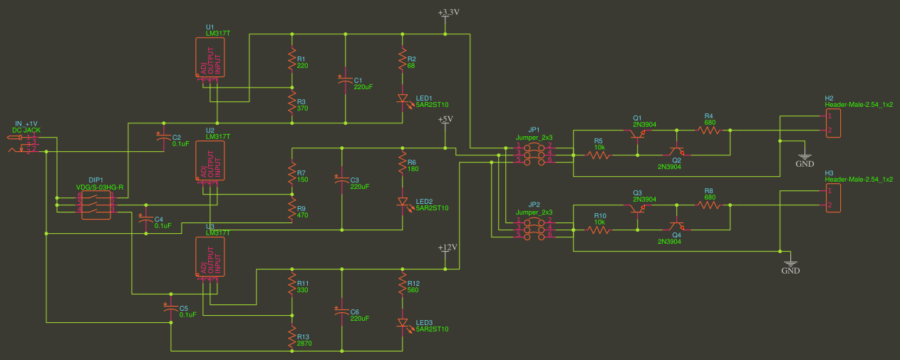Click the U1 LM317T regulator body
[210, 58]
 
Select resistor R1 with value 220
[291, 61]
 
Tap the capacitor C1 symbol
[346, 82]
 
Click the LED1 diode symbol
[403, 99]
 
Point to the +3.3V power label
[448, 13]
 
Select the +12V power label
[446, 247]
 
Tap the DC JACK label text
[26, 130]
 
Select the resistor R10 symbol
[599, 230]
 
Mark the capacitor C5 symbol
[170, 309]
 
